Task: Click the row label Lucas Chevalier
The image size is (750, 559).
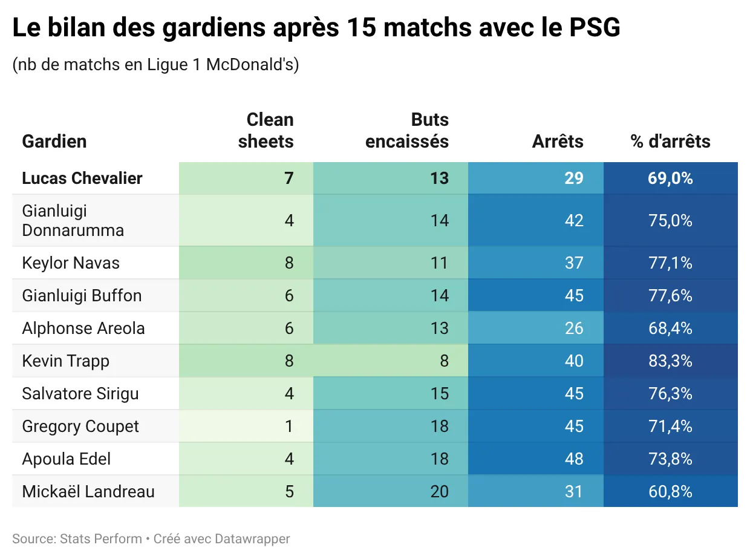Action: point(82,178)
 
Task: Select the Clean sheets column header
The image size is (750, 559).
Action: point(266,130)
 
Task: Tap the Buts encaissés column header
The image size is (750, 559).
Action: point(407,130)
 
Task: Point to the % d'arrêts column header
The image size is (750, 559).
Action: point(670,141)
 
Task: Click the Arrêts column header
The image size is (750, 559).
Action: point(558,141)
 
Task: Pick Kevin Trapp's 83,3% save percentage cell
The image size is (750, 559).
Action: point(670,361)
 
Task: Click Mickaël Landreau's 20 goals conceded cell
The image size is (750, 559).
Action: point(439,491)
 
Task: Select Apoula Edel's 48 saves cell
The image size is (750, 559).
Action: point(573,459)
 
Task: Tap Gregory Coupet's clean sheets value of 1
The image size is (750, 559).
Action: point(289,426)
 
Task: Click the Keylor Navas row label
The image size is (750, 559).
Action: point(71,263)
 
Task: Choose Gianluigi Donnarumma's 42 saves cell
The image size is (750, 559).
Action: point(573,220)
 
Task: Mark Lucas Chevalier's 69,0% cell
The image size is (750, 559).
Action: point(670,178)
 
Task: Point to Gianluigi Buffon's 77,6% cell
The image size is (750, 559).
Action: point(670,295)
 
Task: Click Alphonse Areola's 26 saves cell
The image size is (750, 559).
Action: point(573,328)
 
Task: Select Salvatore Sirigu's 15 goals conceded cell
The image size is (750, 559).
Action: point(439,393)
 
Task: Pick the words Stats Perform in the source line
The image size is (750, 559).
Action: point(100,538)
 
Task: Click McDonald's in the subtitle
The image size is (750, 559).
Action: point(252,64)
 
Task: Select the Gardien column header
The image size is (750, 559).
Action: point(54,141)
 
